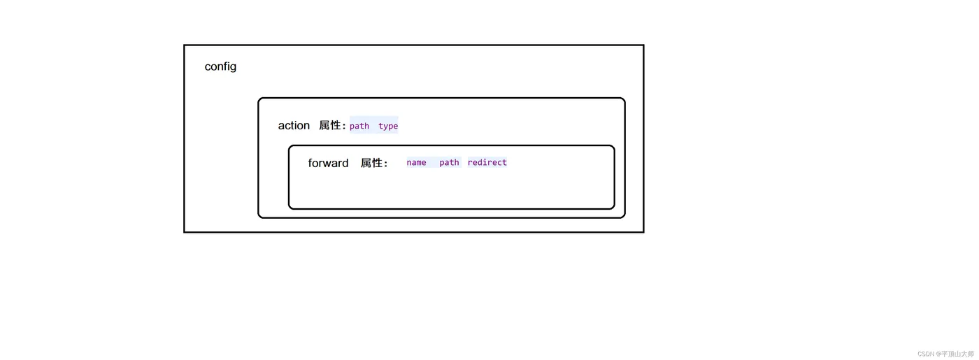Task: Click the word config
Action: tap(220, 66)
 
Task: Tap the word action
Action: tap(294, 126)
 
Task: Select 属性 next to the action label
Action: tap(331, 126)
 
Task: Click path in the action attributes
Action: tap(359, 126)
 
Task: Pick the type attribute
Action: tap(388, 126)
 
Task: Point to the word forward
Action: tap(328, 163)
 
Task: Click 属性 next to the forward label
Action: tap(373, 163)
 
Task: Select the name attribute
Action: tap(416, 163)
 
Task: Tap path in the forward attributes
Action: tap(449, 163)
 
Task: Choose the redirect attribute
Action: tap(487, 163)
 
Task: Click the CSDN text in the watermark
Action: tap(926, 354)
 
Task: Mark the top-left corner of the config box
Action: tap(185, 46)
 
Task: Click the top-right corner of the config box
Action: tap(643, 46)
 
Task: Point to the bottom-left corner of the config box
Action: tap(185, 231)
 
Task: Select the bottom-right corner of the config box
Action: tap(643, 231)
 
